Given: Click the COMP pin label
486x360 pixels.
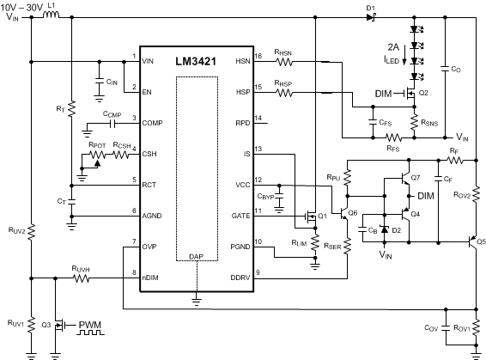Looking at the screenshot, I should coord(152,123).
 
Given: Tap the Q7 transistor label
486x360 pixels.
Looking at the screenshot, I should coord(416,177).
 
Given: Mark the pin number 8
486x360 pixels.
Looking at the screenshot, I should coord(134,272).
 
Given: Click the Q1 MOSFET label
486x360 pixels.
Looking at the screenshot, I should coord(322,216).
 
